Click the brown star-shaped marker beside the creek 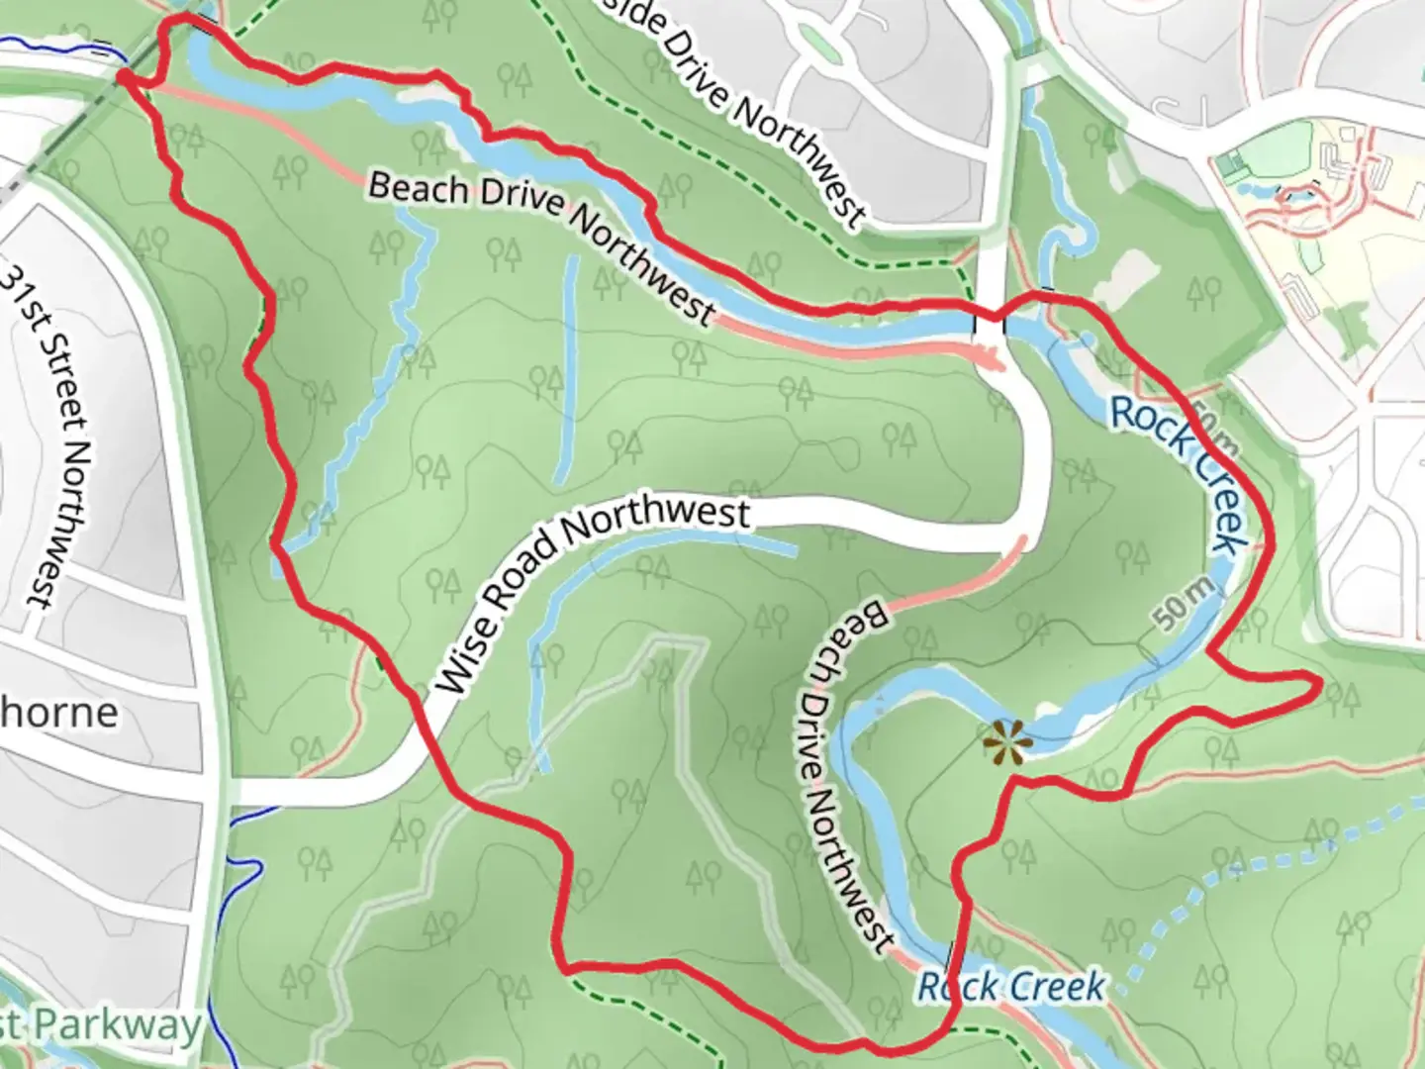tap(1006, 741)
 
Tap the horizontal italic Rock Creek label tap(1010, 986)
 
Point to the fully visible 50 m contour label tap(1184, 603)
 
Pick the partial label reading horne tap(59, 712)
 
